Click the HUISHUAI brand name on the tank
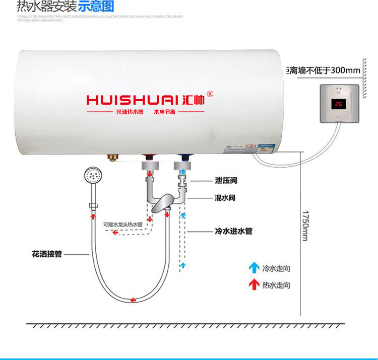coord(137,99)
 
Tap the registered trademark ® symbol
coord(211,94)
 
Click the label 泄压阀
coord(225,180)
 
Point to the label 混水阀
coord(225,198)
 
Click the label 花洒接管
coord(46,255)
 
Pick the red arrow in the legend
coord(254,284)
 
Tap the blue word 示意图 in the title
coord(96,7)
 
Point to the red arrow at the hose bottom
coord(133,300)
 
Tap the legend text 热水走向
coord(276,285)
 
